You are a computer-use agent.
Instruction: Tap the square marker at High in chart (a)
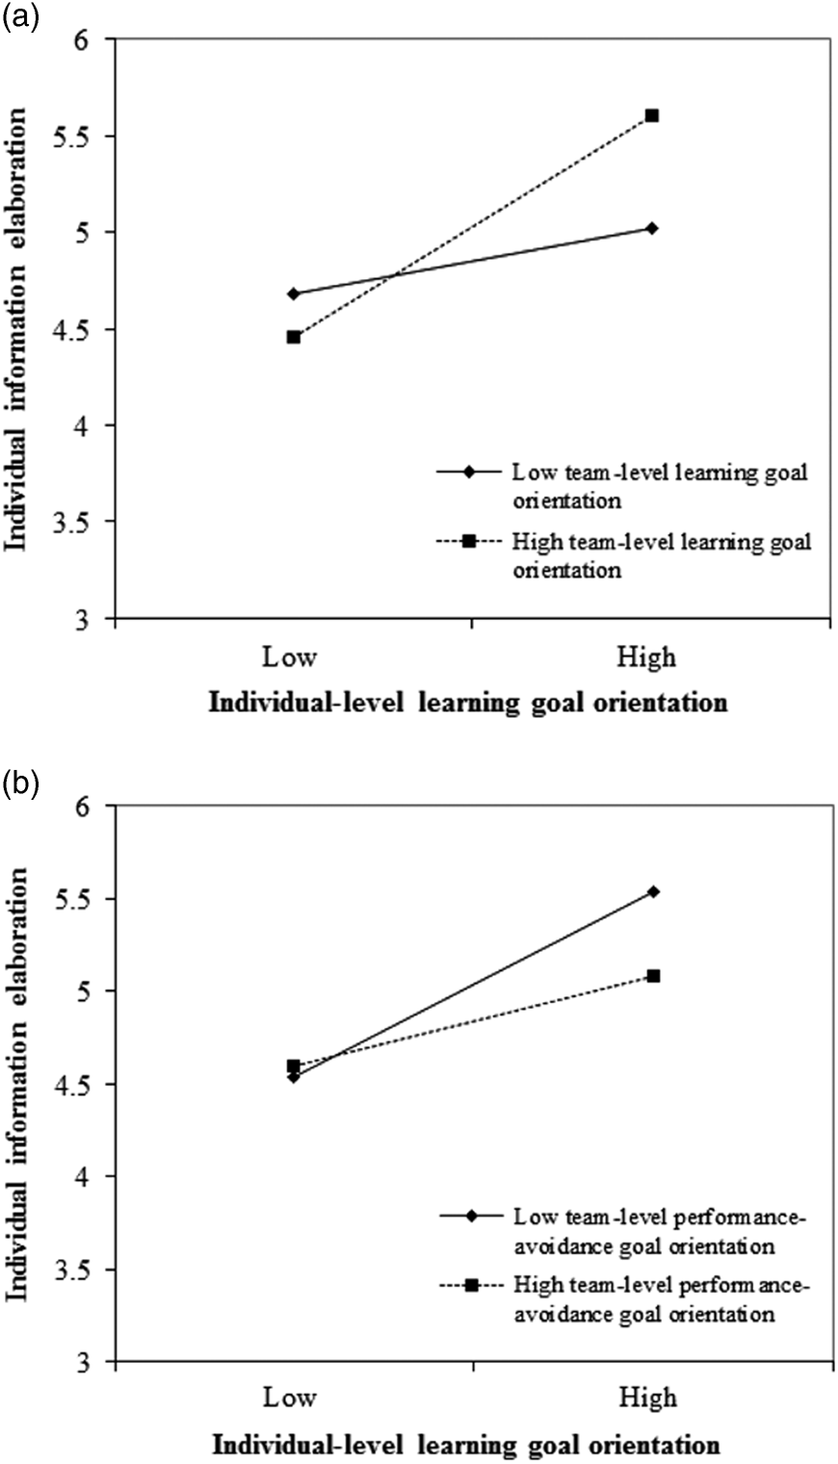[x=652, y=116]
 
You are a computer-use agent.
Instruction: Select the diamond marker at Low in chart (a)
[x=293, y=294]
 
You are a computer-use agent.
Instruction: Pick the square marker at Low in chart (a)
[x=293, y=337]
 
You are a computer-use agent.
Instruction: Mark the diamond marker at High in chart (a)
[x=652, y=228]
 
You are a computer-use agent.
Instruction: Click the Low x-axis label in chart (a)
[x=293, y=657]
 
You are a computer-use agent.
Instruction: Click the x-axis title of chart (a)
[x=469, y=703]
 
